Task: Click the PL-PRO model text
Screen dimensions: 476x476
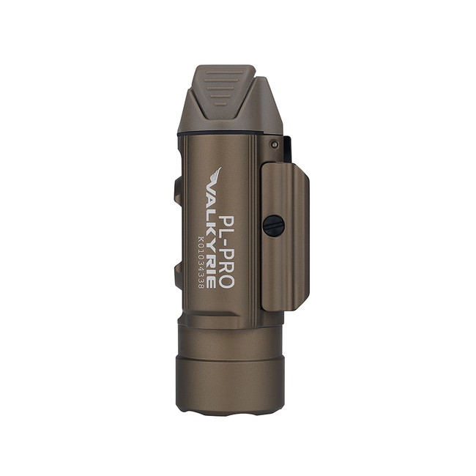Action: [x=226, y=252]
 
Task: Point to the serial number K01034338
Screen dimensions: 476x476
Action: [x=201, y=262]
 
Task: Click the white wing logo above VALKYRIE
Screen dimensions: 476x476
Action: [x=217, y=176]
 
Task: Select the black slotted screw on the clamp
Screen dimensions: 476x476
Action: [x=274, y=226]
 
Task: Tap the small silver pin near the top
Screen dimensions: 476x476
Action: [x=275, y=144]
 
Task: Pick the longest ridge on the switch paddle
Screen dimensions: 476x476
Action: [x=223, y=72]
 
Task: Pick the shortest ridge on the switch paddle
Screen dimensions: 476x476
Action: [x=221, y=105]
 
